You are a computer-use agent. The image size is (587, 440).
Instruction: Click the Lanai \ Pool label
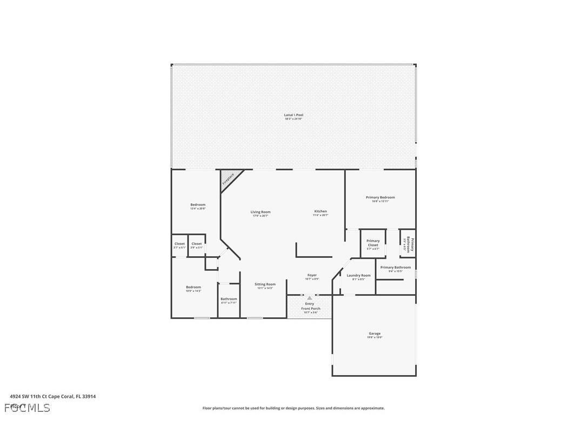pyautogui.click(x=293, y=115)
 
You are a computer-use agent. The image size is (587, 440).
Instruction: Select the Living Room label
pyautogui.click(x=260, y=212)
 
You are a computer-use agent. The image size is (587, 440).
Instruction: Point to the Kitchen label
pyautogui.click(x=321, y=211)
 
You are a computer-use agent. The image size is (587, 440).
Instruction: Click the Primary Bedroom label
pyautogui.click(x=380, y=198)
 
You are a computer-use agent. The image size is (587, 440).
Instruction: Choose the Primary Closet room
pyautogui.click(x=373, y=244)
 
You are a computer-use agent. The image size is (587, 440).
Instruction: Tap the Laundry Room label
pyautogui.click(x=358, y=276)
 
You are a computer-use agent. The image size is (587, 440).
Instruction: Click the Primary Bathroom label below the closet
pyautogui.click(x=395, y=268)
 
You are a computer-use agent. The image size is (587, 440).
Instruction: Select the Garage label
pyautogui.click(x=375, y=334)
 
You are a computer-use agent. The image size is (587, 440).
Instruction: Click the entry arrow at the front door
pyautogui.click(x=309, y=298)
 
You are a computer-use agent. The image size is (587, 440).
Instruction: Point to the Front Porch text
pyautogui.click(x=310, y=309)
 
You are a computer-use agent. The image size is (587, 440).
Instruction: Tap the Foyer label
pyautogui.click(x=312, y=276)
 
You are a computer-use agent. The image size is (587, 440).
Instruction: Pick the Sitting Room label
pyautogui.click(x=265, y=284)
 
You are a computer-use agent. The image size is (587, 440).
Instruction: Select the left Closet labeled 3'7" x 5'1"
pyautogui.click(x=179, y=244)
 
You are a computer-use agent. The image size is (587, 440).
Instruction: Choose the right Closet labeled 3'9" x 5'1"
pyautogui.click(x=196, y=244)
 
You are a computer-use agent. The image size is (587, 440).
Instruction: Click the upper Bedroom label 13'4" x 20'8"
pyautogui.click(x=198, y=205)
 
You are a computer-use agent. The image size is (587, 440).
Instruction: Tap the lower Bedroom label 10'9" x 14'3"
pyautogui.click(x=194, y=288)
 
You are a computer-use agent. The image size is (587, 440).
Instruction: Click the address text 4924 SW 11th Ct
pyautogui.click(x=53, y=396)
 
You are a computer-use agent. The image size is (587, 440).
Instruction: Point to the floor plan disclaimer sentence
pyautogui.click(x=293, y=408)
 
